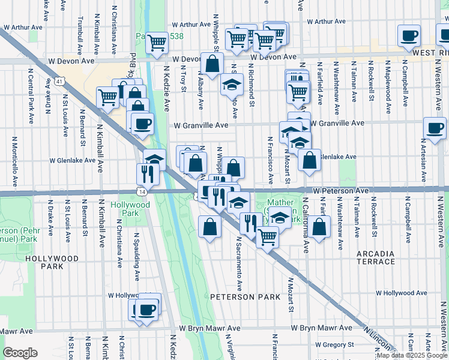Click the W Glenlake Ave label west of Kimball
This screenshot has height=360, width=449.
(72, 160)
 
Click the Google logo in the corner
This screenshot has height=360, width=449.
(20, 353)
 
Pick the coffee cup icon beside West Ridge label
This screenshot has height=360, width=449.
(409, 37)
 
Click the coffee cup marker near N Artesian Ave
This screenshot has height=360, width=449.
(434, 127)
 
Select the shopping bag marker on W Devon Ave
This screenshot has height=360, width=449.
(212, 64)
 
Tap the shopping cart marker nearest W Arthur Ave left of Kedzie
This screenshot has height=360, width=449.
(157, 43)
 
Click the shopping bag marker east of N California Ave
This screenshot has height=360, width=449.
(320, 227)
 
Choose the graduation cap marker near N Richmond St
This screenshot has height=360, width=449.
(231, 85)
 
